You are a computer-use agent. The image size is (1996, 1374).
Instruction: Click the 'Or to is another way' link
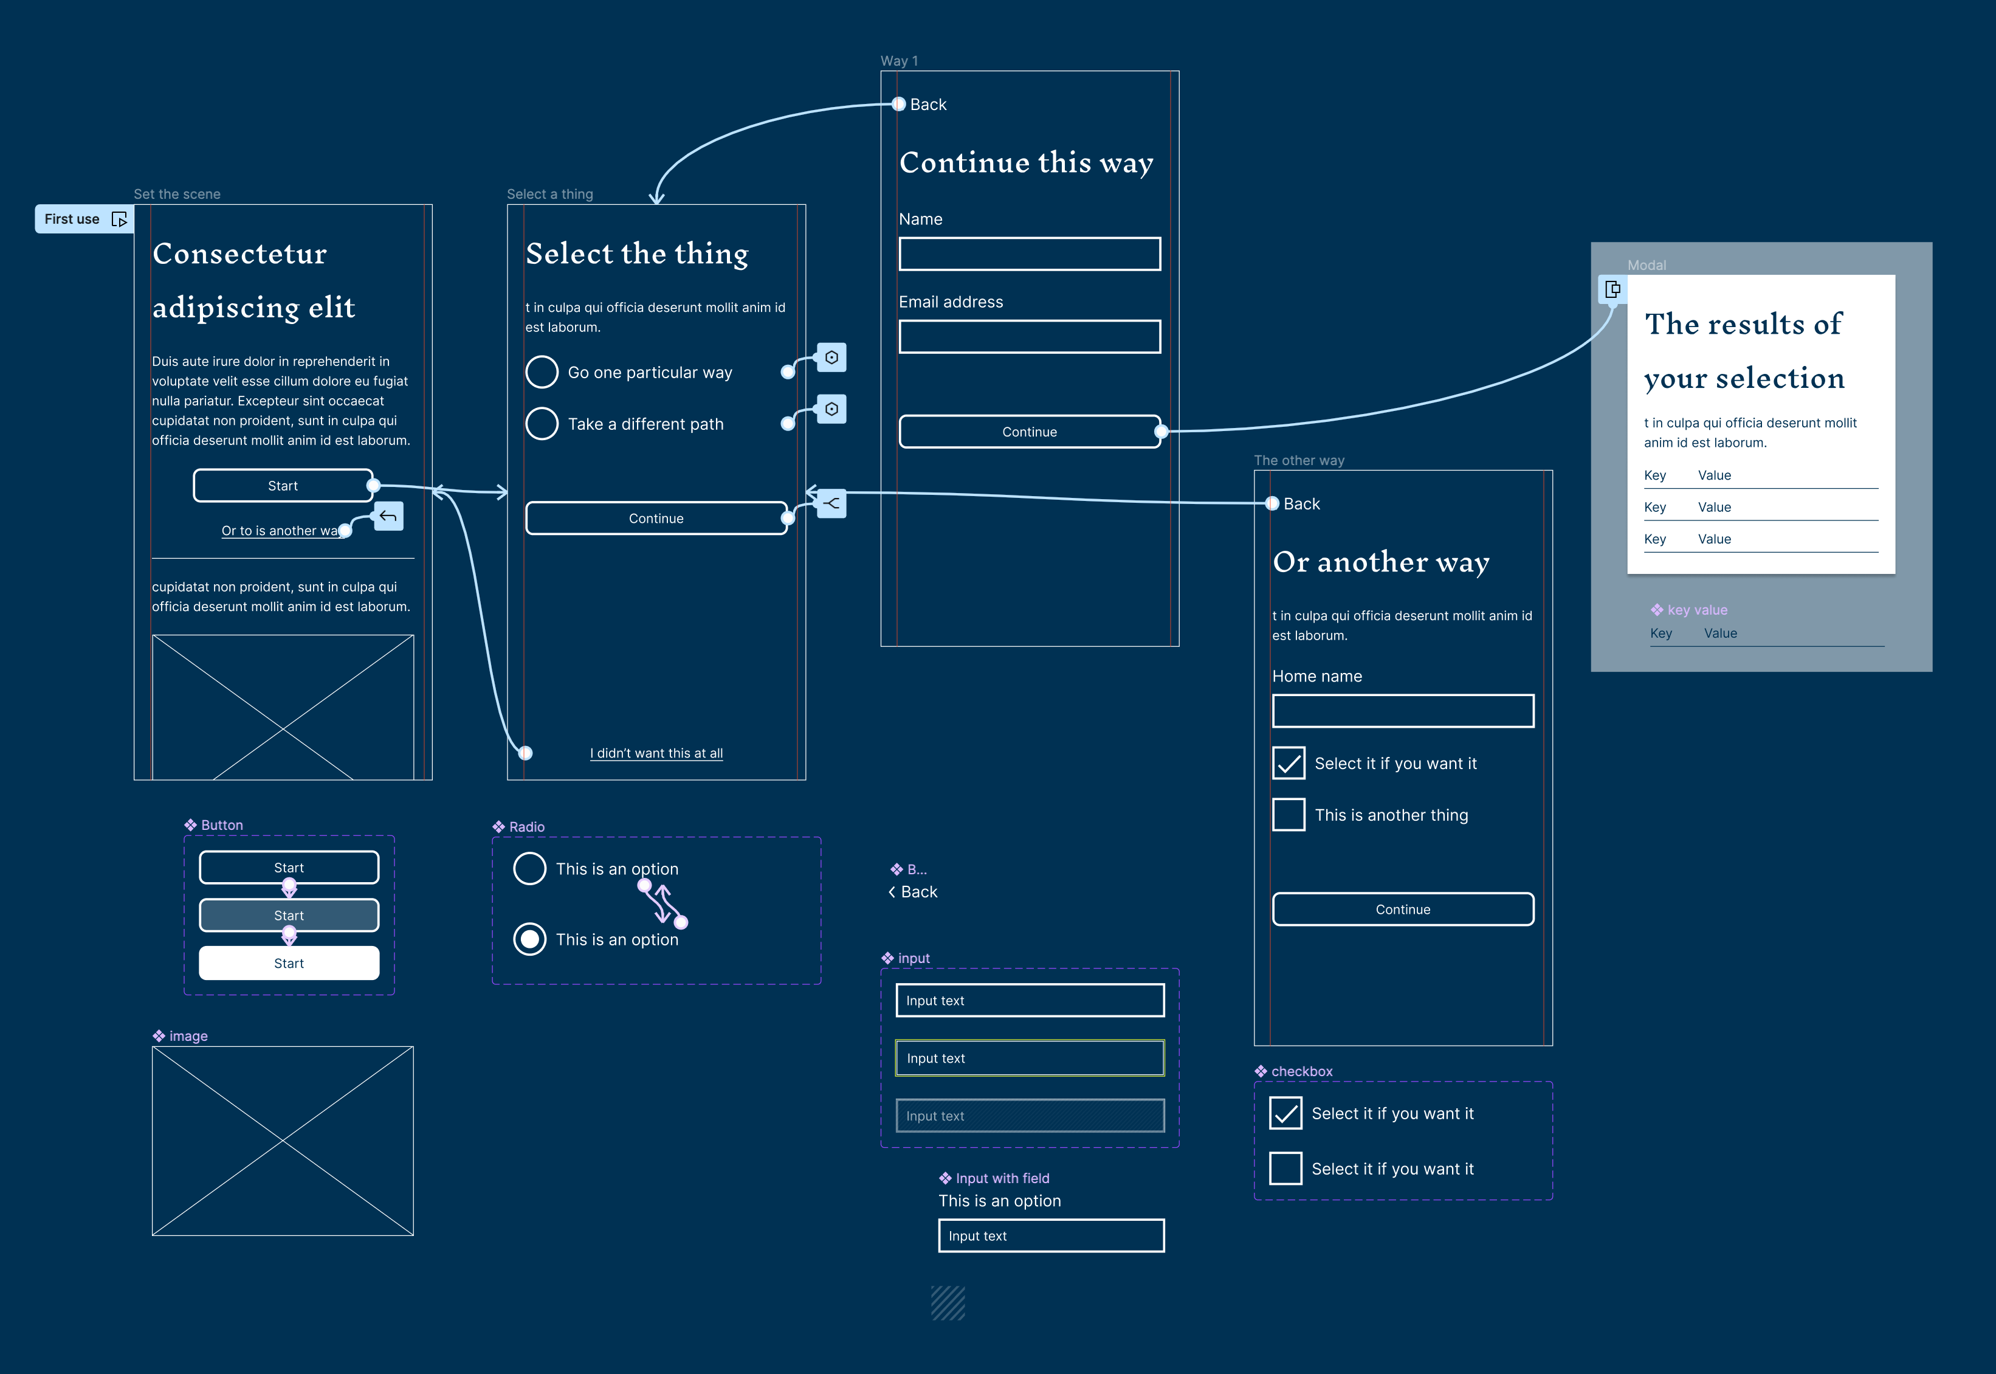coord(280,530)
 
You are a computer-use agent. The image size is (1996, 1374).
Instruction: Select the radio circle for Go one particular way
coord(542,372)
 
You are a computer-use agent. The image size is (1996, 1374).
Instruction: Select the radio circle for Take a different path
coord(542,424)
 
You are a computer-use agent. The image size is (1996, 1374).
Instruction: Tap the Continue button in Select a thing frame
coord(656,518)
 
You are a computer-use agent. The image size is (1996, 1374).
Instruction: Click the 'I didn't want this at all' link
coord(656,753)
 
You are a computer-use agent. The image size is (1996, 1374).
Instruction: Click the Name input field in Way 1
coord(1030,254)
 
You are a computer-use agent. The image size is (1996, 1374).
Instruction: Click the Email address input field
coord(1030,337)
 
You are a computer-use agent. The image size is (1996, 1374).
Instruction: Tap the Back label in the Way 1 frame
coord(928,104)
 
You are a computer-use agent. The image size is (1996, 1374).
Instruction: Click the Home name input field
coord(1403,711)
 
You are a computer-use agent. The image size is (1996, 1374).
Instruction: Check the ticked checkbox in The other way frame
coord(1289,763)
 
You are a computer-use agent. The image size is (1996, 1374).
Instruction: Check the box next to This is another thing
coord(1289,815)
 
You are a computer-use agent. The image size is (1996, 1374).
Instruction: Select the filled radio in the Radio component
coord(529,939)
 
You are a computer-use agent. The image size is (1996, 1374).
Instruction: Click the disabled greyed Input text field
coord(1030,1116)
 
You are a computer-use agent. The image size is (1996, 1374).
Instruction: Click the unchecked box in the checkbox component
coord(1285,1169)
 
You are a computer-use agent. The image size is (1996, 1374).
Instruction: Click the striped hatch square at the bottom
coord(948,1302)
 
